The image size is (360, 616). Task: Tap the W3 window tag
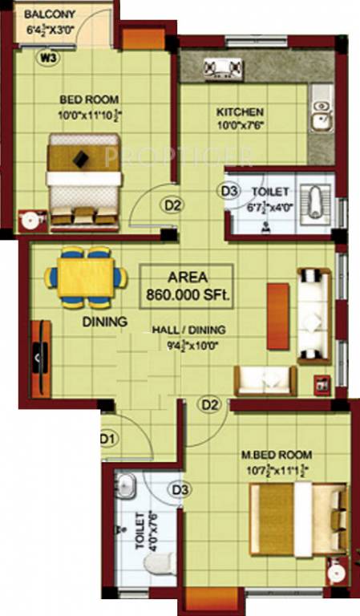(49, 57)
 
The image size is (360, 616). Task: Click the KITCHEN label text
(241, 112)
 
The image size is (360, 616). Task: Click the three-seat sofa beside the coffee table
(314, 315)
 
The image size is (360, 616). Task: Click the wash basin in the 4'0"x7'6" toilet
(127, 484)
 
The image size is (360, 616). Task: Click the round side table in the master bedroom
(338, 573)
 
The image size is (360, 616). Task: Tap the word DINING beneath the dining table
(105, 322)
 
